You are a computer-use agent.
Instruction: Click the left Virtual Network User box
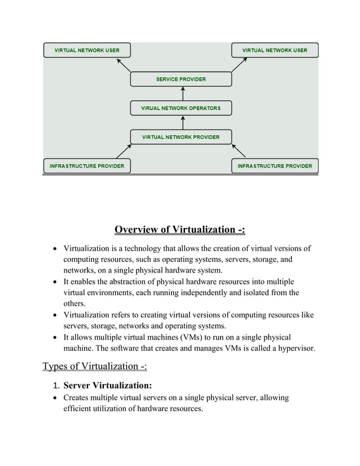[x=87, y=50]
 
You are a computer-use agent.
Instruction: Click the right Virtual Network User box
[x=275, y=50]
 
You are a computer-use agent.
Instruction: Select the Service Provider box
[x=181, y=79]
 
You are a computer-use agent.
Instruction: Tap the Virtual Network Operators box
[x=181, y=108]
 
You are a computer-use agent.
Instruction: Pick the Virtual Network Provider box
[x=181, y=137]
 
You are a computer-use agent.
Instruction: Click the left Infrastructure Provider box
[x=87, y=166]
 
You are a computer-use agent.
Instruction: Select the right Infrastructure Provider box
[x=275, y=166]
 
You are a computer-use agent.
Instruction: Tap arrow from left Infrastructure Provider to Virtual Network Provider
[x=124, y=151]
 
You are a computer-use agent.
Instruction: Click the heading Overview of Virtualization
[x=180, y=230]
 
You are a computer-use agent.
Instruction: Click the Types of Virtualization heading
[x=95, y=367]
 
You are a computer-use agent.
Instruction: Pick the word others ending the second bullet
[x=75, y=304]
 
